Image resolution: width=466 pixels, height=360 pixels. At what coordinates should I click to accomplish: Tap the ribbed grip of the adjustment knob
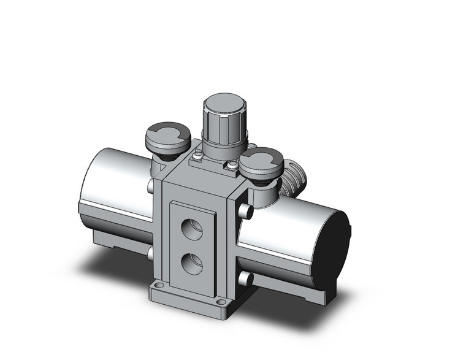[224, 125]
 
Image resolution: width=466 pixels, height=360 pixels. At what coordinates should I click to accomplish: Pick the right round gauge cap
[261, 162]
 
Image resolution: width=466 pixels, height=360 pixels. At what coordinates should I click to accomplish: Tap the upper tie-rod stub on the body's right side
[246, 212]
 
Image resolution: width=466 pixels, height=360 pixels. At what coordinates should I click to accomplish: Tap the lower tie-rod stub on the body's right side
[246, 279]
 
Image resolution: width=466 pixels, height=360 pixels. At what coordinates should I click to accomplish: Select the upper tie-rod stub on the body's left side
[151, 185]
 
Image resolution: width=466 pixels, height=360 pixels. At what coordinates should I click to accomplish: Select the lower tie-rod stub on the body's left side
[150, 253]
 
